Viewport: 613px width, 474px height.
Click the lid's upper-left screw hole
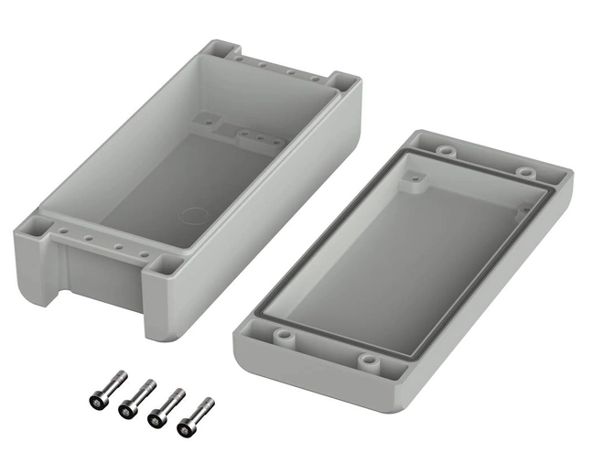point(446,149)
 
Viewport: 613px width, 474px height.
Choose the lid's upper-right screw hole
point(525,170)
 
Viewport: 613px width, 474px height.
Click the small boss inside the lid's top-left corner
point(417,181)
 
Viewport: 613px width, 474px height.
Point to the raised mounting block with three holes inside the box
point(257,139)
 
